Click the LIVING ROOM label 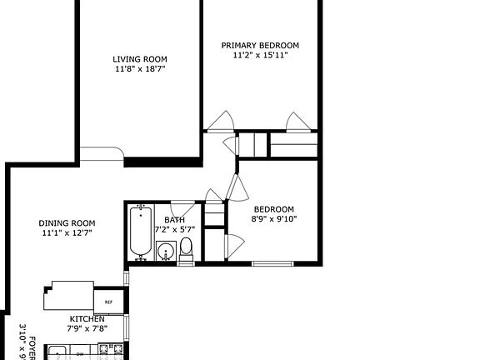coord(140,59)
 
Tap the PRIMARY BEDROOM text coord(260,45)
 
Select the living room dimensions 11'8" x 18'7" coord(140,70)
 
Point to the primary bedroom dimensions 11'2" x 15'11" coord(260,56)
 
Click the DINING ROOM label coord(67,223)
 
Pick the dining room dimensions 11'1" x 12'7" coord(67,234)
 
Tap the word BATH coord(174,220)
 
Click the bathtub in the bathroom coord(140,233)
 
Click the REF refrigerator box coord(107,302)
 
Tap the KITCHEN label coord(87,319)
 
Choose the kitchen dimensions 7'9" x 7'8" coord(87,329)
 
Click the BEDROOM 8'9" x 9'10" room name coord(273,209)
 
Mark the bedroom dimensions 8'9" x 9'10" coord(273,220)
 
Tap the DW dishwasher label coord(80,354)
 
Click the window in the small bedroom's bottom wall coord(274,264)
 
